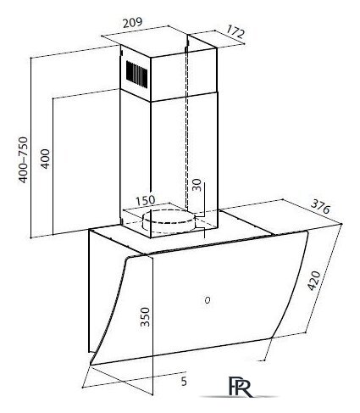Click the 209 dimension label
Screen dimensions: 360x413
coord(132,23)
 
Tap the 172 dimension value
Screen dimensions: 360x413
coord(235,32)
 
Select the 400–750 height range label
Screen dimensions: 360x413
coord(24,159)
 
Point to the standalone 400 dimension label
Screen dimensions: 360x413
coord(45,159)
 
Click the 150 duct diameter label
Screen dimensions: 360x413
coord(146,200)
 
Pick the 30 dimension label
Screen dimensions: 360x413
coord(197,185)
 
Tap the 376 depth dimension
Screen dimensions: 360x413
coord(320,207)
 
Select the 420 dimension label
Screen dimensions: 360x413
coord(314,281)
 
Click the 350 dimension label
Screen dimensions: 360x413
coord(145,317)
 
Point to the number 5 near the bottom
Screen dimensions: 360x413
coord(184,382)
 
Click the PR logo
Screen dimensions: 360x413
coord(240,387)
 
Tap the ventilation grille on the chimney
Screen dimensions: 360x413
coord(137,73)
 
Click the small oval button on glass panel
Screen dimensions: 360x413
coord(208,300)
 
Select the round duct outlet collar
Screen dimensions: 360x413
coord(169,220)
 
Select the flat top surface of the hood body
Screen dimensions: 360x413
coord(180,232)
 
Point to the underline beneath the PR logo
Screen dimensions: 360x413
coord(239,397)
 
